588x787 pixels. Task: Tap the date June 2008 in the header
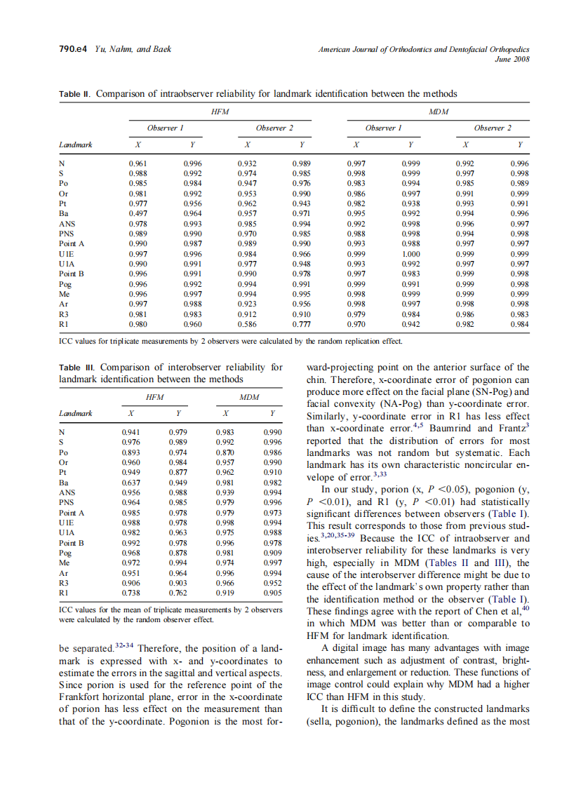pyautogui.click(x=512, y=59)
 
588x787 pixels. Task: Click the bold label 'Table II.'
pyautogui.click(x=75, y=93)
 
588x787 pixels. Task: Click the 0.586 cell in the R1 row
pyautogui.click(x=247, y=325)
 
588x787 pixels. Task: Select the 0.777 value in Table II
pyautogui.click(x=301, y=325)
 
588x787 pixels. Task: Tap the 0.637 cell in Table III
pyautogui.click(x=131, y=483)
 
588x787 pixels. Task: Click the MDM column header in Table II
pyautogui.click(x=438, y=112)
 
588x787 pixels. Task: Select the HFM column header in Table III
pyautogui.click(x=154, y=396)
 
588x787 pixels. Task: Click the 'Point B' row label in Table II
pyautogui.click(x=72, y=274)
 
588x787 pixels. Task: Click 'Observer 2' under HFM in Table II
pyautogui.click(x=274, y=128)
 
